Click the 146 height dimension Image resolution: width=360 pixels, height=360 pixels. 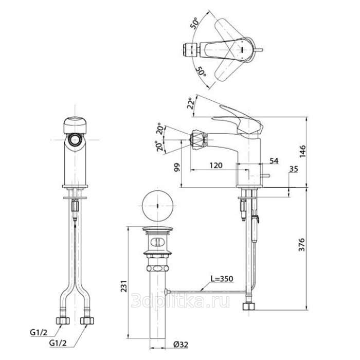coord(302,151)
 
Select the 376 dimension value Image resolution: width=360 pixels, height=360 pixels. coord(302,245)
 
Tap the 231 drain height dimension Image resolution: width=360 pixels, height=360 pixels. coord(124,286)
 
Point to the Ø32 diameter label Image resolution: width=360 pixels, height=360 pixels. coord(181,345)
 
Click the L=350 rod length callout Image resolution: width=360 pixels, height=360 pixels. coord(222,279)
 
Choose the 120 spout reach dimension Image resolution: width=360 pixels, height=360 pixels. coord(216,165)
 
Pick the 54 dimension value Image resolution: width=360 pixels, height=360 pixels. coord(274,161)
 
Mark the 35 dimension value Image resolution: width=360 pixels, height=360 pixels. coord(294,169)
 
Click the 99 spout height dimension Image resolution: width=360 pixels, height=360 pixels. coord(177,168)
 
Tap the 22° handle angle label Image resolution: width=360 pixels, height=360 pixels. coord(191,103)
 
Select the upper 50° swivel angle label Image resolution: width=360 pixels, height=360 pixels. coord(194,23)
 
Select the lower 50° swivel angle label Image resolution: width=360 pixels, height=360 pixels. coord(201,71)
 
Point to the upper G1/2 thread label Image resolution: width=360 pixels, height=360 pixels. coord(39,332)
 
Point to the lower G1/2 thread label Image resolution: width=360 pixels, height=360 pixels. coord(58,343)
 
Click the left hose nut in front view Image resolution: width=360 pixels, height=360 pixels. coord(63,321)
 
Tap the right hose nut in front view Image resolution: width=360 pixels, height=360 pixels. coord(87,321)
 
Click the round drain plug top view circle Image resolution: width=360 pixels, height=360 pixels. coord(157,206)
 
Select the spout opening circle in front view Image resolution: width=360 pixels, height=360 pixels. coord(75,140)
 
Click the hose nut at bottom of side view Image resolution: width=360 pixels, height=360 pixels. coord(249,307)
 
